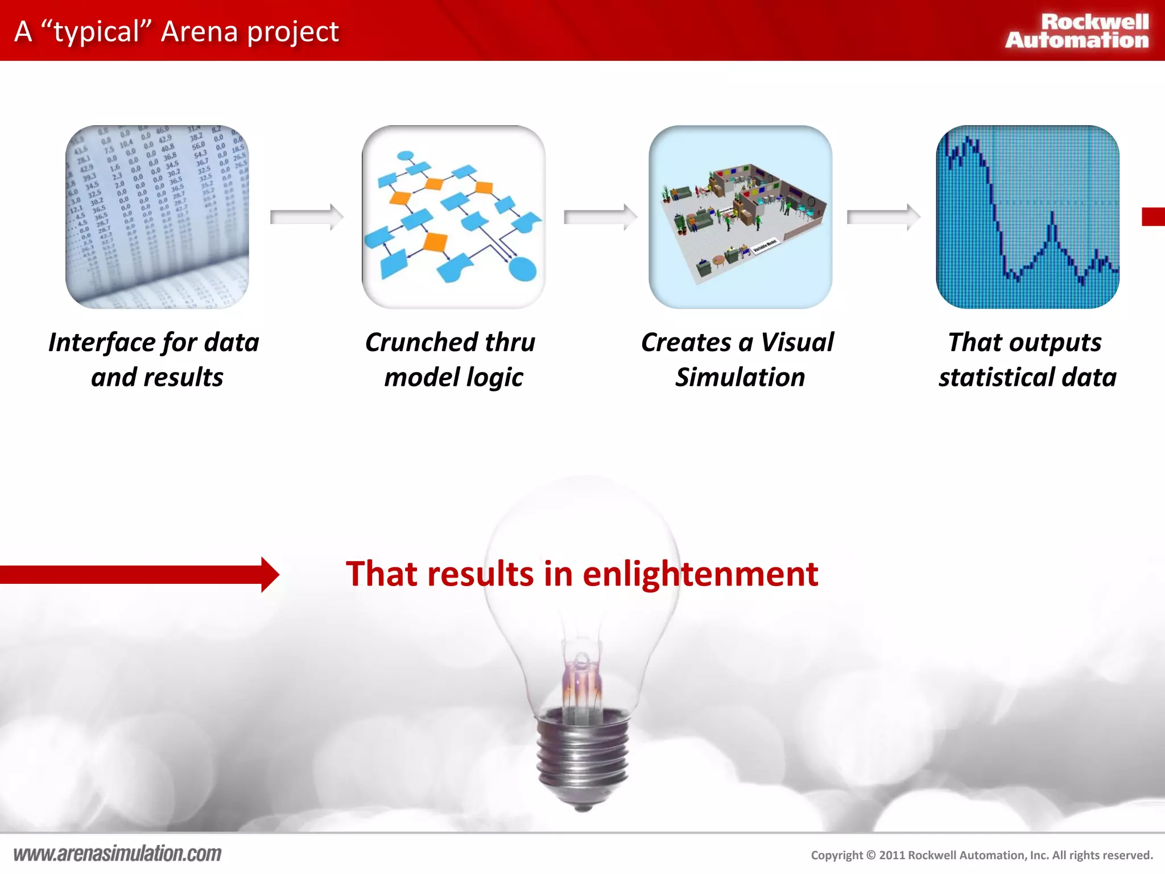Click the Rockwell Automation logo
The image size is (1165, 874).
coord(1077,31)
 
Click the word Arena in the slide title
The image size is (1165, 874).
coord(199,31)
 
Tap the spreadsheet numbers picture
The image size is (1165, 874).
coord(157,217)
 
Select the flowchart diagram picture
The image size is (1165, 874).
coord(453,217)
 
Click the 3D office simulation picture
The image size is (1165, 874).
coord(740,217)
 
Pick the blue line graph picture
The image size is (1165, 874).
coord(1027,217)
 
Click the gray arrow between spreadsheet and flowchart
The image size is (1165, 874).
coord(306,217)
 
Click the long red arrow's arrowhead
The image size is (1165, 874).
coord(270,575)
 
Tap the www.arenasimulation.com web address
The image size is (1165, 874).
coord(117,854)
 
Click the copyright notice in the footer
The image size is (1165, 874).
coord(981,855)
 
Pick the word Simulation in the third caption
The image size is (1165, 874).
coord(740,378)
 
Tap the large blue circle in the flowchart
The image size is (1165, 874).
coord(522,269)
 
